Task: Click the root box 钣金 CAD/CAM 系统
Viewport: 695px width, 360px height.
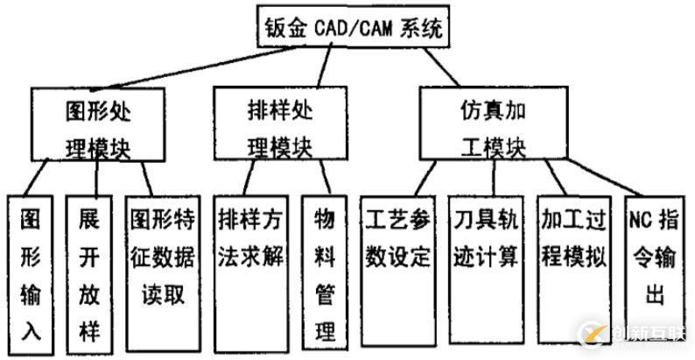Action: click(354, 28)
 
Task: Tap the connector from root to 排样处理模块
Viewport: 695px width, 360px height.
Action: click(325, 67)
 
